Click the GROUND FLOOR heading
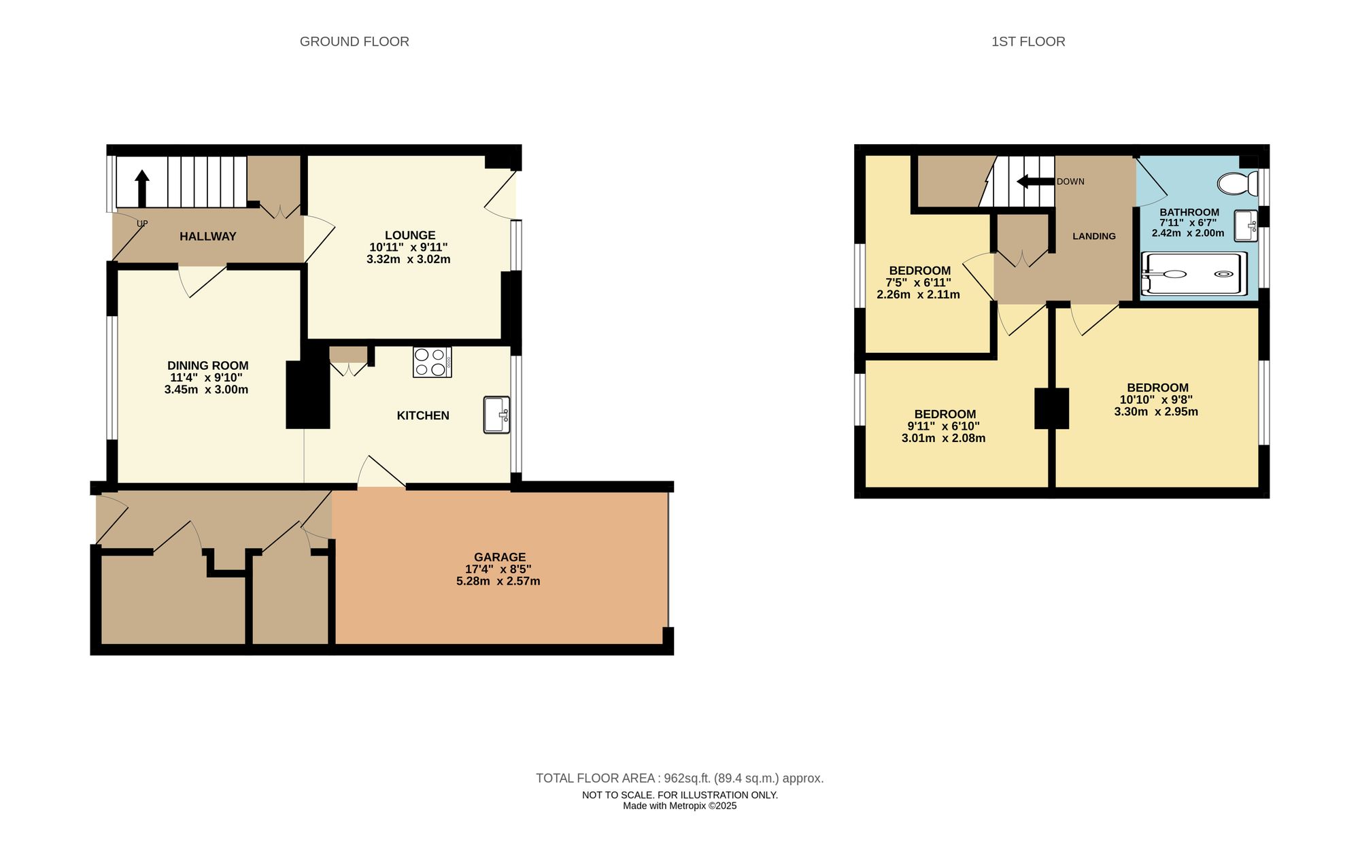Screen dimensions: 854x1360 354,41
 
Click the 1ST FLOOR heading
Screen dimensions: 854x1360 1027,41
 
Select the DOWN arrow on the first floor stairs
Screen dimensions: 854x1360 1034,182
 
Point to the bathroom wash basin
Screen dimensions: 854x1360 1246,225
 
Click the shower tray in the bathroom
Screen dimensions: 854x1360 1193,274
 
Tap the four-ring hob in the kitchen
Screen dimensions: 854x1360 432,362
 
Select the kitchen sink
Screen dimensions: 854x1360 496,415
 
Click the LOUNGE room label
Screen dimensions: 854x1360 409,235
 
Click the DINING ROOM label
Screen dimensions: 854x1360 207,366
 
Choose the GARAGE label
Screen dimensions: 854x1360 500,557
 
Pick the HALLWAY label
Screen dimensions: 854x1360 207,237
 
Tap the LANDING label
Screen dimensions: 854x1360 1093,236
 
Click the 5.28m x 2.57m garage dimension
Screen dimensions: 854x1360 498,581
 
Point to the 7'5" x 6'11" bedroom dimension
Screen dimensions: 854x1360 918,283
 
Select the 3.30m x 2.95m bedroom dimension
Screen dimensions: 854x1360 1156,411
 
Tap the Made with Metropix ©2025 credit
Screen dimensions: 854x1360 679,806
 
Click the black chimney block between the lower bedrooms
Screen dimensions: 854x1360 1051,408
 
